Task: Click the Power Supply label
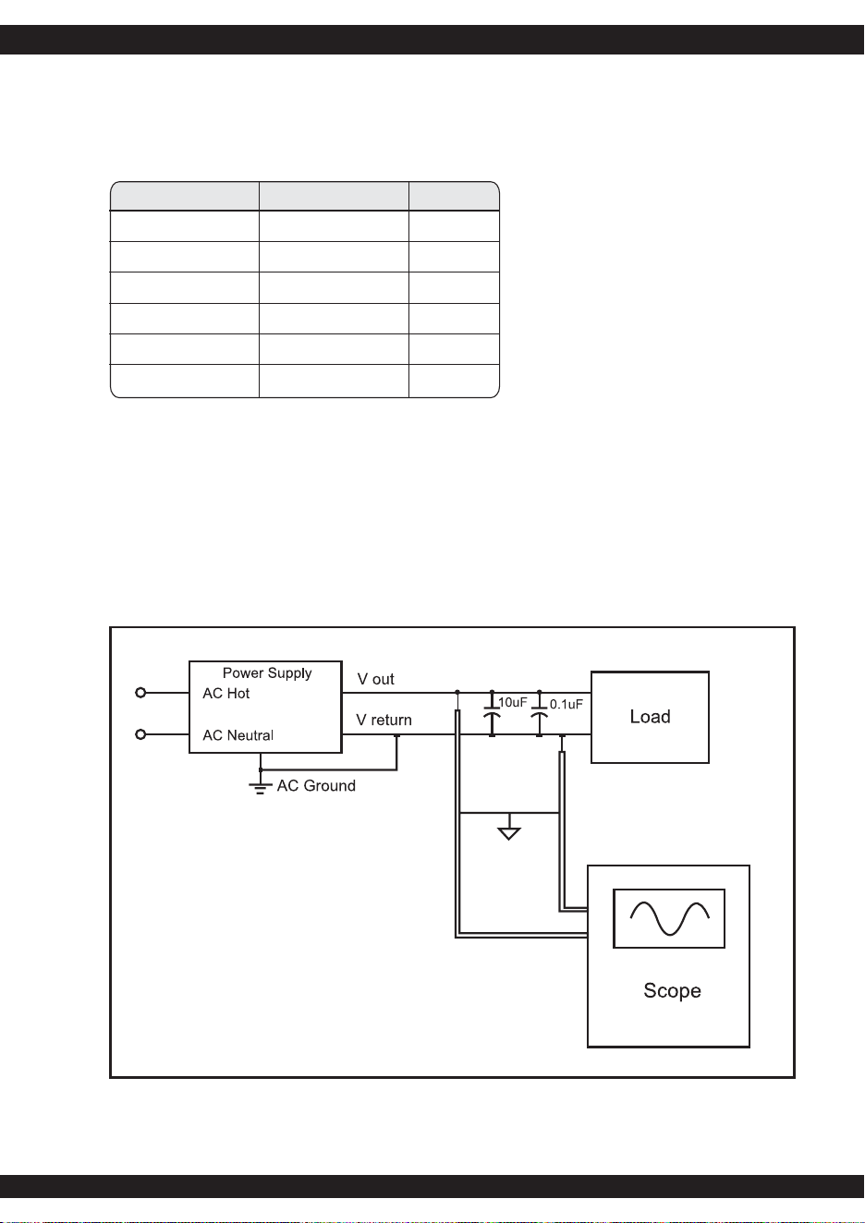267,673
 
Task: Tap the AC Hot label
226,694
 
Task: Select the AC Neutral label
238,735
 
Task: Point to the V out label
376,679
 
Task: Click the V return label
384,720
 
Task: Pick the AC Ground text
316,786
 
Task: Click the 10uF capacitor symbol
492,714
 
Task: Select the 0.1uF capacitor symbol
540,714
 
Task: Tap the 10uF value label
513,702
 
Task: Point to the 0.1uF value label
567,704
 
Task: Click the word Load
650,717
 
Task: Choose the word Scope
672,991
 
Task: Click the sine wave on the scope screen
669,918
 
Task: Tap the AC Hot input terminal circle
140,693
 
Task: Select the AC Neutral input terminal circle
140,734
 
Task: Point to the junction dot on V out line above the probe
457,692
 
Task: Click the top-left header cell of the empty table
185,196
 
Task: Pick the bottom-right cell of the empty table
454,381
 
